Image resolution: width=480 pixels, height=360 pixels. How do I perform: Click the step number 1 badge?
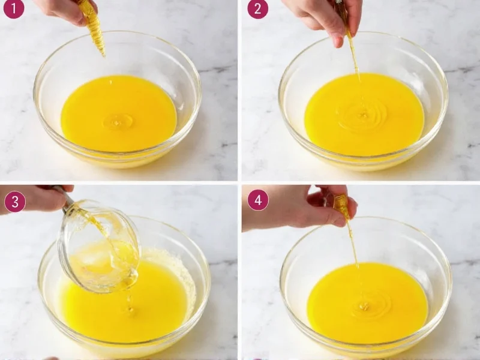[13, 8]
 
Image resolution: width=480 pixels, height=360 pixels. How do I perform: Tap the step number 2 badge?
[257, 8]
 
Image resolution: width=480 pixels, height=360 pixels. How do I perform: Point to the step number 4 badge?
[257, 200]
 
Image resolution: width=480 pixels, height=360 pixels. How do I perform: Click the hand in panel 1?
[60, 10]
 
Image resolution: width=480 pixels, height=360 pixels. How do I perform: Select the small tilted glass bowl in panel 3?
[99, 246]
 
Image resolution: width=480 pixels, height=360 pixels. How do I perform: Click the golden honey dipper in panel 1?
[93, 27]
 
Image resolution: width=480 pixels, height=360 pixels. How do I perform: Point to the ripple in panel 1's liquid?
[118, 121]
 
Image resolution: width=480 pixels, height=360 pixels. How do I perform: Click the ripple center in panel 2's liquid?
[362, 114]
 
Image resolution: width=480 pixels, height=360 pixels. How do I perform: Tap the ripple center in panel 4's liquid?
[364, 306]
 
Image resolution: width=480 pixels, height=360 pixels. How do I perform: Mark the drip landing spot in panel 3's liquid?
[130, 310]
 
